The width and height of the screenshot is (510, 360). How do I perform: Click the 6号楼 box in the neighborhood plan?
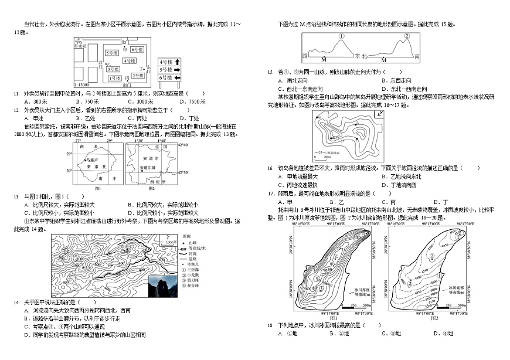click(x=137, y=49)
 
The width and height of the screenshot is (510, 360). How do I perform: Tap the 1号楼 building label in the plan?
click(x=115, y=78)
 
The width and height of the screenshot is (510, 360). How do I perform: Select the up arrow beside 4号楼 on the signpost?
click(x=177, y=62)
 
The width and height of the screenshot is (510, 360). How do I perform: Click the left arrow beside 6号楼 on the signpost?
click(x=177, y=77)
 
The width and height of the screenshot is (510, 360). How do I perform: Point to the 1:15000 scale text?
click(x=82, y=84)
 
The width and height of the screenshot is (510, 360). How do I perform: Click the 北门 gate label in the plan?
click(x=124, y=42)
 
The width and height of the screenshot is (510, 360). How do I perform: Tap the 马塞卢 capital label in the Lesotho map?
click(x=93, y=159)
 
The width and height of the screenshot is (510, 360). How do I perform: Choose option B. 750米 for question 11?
click(x=91, y=101)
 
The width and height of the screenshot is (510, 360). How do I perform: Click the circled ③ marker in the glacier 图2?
click(x=432, y=256)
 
